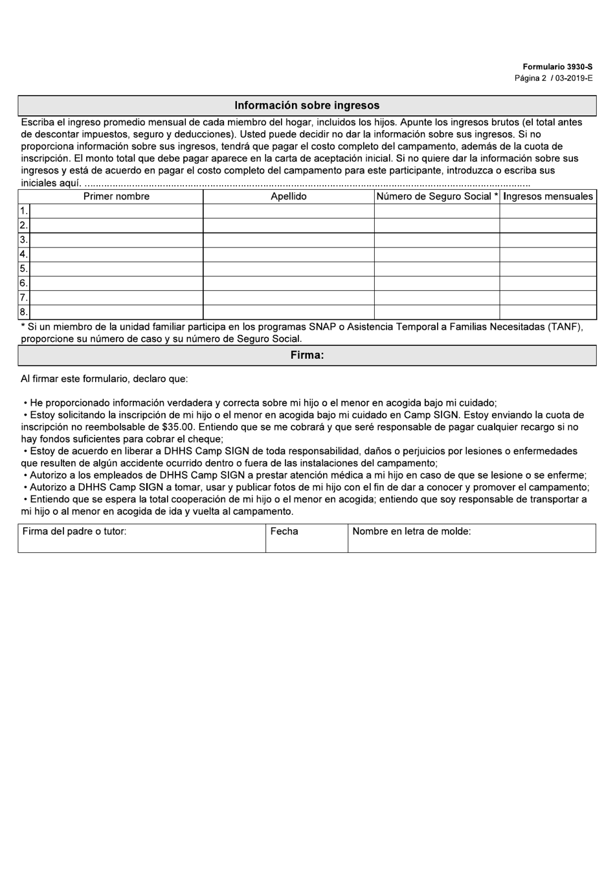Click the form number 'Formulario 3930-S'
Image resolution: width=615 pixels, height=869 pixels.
coord(557,67)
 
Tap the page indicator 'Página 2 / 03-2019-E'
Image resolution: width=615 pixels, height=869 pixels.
coord(553,78)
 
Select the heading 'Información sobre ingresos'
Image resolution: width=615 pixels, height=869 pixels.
coord(307,106)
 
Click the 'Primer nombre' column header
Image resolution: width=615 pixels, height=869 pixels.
coord(117,196)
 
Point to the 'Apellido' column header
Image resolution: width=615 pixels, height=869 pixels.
coord(289,196)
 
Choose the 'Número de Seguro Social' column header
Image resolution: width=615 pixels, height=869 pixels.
coord(437,196)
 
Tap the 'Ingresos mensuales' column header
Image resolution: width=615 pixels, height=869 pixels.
coord(548,196)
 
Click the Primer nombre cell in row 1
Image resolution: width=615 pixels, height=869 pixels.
coord(117,211)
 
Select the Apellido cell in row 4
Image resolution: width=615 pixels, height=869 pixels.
coord(289,254)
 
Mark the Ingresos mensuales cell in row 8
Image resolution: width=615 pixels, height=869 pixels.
coord(548,312)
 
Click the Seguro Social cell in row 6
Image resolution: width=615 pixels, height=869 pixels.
coord(437,283)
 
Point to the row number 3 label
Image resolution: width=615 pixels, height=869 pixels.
coord(23,240)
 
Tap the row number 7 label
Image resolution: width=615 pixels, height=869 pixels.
coord(23,298)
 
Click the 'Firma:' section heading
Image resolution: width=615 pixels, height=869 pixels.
coord(307,356)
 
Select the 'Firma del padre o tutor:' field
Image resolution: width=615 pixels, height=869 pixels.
coord(141,538)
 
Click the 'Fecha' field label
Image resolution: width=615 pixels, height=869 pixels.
coord(284,532)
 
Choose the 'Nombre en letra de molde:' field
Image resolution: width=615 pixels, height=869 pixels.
coord(471,538)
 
